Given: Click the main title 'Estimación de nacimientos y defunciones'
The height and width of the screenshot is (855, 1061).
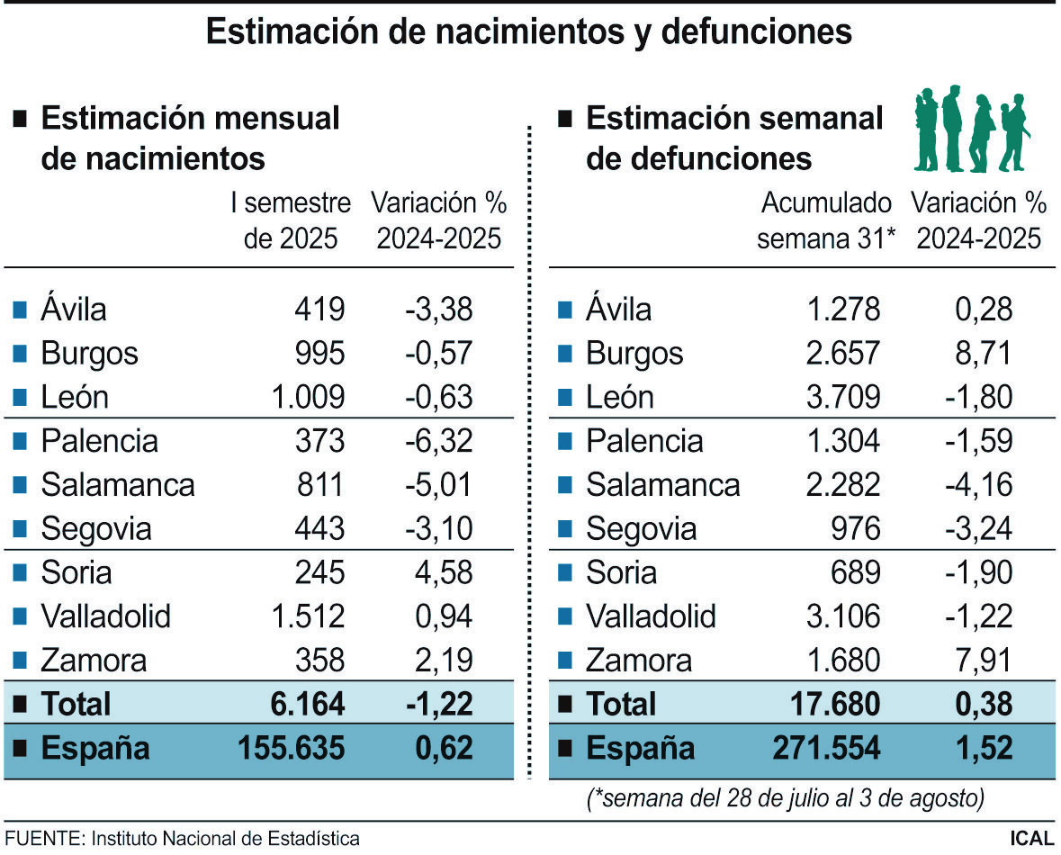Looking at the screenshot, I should click(x=529, y=32).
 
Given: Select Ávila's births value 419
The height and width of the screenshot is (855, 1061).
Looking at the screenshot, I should click(x=319, y=310).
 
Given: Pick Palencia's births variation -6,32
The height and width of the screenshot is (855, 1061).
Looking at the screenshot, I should click(x=438, y=441).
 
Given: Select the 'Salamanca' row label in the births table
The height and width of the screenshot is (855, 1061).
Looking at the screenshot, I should click(x=117, y=485).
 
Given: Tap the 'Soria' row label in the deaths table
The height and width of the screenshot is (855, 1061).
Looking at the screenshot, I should click(x=621, y=572).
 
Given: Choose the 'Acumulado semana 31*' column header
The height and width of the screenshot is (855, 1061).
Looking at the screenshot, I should click(x=827, y=221).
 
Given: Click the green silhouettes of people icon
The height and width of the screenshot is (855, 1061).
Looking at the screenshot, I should click(x=971, y=130).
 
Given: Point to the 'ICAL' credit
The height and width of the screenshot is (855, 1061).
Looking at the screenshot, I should click(x=1030, y=838).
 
